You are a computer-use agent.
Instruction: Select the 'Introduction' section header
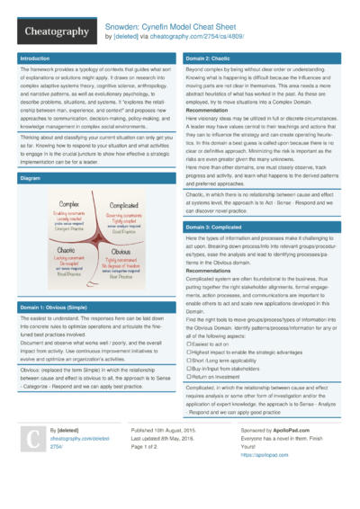pyautogui.click(x=37, y=58)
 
